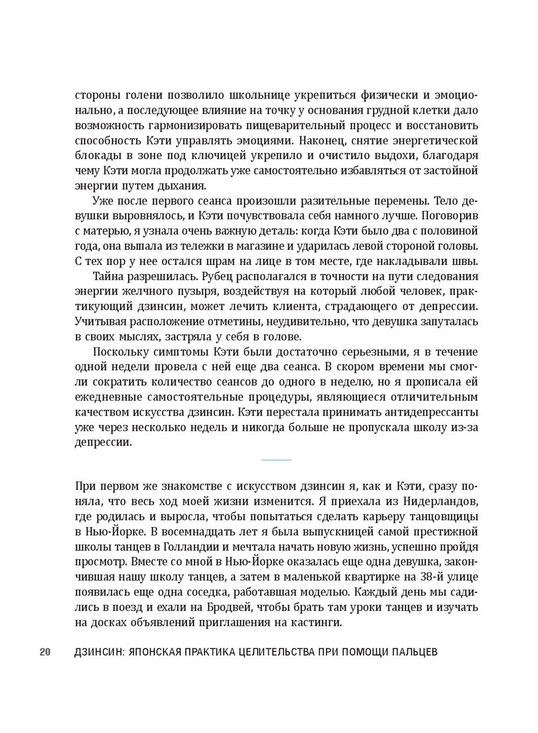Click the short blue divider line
coord(276,460)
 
